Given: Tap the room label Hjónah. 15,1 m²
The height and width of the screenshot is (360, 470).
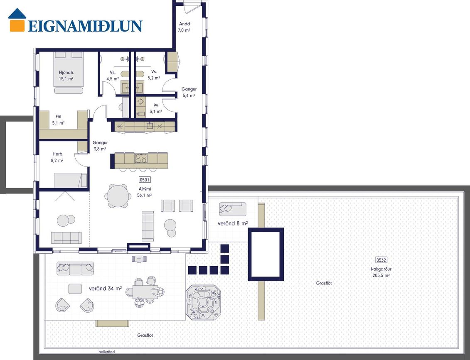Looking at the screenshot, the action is [66, 76].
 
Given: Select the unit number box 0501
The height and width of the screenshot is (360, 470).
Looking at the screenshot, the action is [145, 180].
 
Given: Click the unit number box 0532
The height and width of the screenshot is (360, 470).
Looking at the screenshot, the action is [381, 260].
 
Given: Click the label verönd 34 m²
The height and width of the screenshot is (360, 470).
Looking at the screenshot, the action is [105, 289].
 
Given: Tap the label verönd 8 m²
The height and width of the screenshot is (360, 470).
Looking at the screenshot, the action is [233, 223].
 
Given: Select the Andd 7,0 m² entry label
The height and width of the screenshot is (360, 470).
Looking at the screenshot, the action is [185, 27].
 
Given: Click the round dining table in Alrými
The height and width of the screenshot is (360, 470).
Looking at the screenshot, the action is [118, 196].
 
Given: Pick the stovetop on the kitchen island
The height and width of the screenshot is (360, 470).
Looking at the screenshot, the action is [141, 158].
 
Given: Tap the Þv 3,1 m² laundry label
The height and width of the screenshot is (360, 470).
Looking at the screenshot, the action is [156, 108].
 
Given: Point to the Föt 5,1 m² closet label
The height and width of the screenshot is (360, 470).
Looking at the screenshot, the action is [59, 120].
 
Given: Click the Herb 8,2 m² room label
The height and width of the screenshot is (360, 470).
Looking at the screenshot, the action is [57, 157].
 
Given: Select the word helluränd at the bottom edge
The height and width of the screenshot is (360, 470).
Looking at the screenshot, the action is [107, 352].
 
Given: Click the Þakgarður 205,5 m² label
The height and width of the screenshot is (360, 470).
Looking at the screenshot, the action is [381, 272].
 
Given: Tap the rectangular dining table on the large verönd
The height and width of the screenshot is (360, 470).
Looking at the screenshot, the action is [145, 291].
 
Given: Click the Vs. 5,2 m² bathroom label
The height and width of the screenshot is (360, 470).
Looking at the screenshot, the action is [154, 75].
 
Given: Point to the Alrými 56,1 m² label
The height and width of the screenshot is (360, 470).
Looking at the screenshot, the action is [145, 192].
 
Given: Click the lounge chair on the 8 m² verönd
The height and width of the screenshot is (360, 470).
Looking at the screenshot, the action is [232, 209].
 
